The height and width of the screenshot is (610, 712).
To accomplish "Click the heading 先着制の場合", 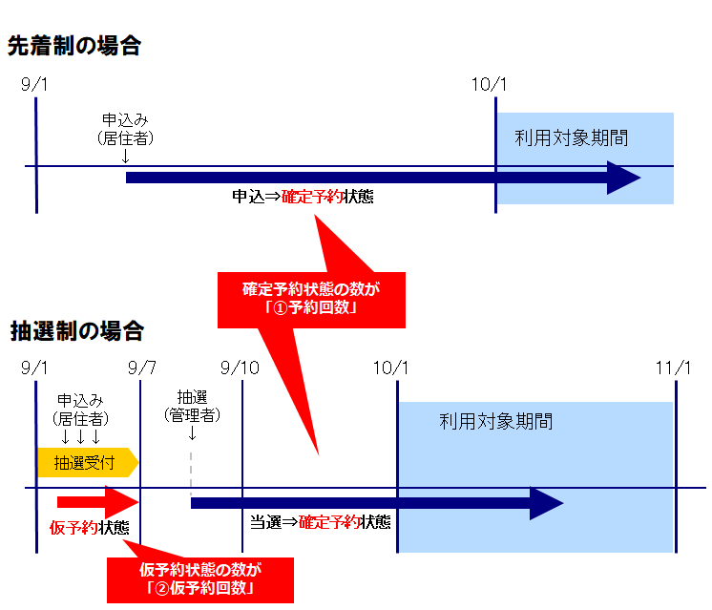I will pyautogui.click(x=73, y=45).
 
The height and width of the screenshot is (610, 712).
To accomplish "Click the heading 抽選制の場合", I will pyautogui.click(x=75, y=331).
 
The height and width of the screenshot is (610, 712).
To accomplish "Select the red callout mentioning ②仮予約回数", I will pyautogui.click(x=199, y=578).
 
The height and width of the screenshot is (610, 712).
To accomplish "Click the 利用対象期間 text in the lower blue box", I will pyautogui.click(x=496, y=421).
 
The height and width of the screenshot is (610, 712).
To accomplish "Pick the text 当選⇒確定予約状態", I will pyautogui.click(x=320, y=522).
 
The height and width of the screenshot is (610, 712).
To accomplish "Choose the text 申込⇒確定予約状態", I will pyautogui.click(x=303, y=198).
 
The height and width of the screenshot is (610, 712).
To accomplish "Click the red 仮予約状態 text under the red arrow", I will pyautogui.click(x=90, y=527).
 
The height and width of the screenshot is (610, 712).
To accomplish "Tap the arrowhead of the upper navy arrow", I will pyautogui.click(x=624, y=178).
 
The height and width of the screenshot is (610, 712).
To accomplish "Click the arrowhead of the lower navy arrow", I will pyautogui.click(x=548, y=504).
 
